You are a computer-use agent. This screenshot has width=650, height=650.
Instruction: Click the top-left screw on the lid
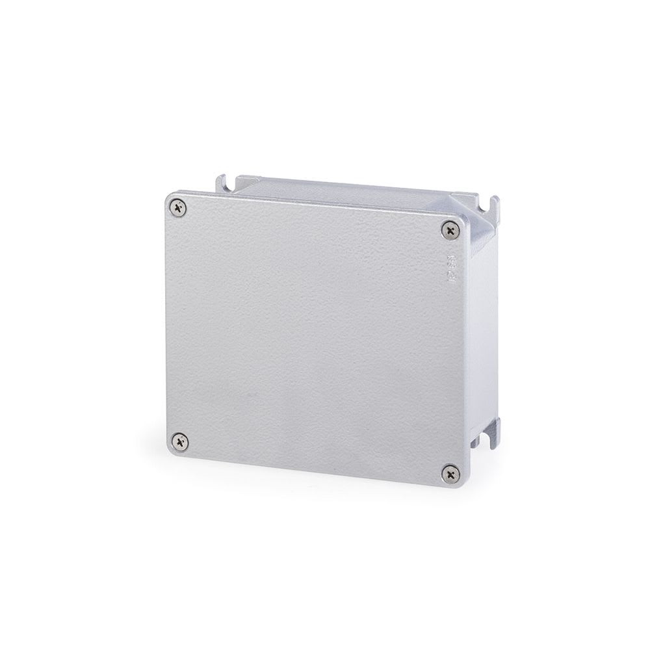(x=179, y=208)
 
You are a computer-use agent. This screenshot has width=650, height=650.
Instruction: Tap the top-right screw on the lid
(x=450, y=229)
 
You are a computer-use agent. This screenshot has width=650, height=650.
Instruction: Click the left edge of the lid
(x=165, y=325)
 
